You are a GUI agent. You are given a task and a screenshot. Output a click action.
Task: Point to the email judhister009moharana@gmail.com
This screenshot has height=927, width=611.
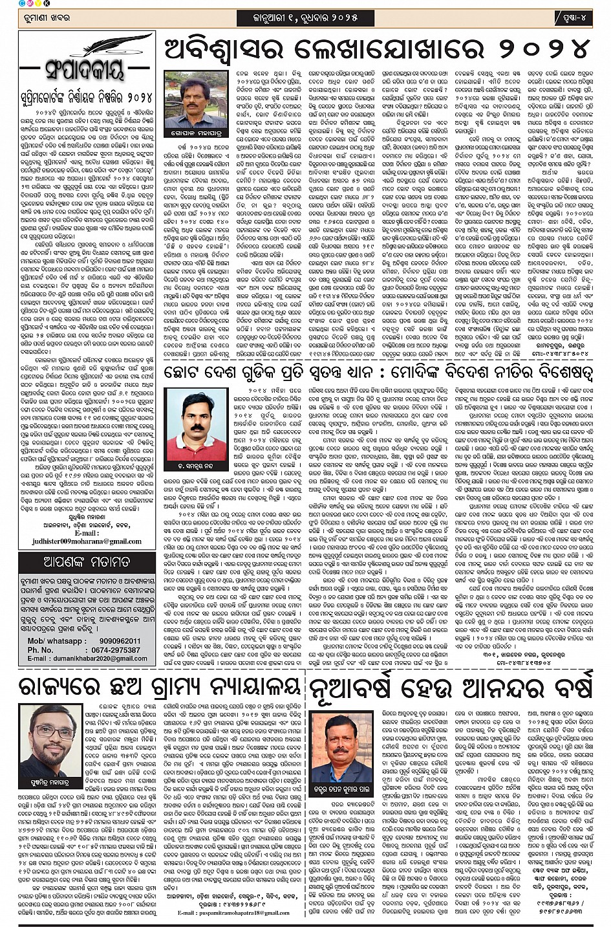click(85, 541)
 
